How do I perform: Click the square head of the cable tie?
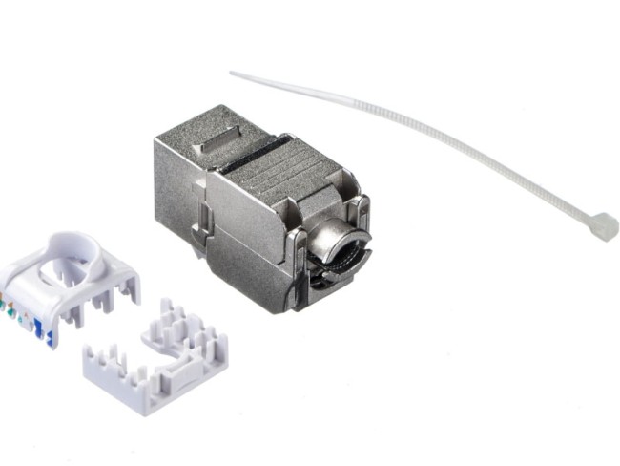(602, 225)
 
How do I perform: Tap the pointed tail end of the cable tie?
(233, 74)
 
